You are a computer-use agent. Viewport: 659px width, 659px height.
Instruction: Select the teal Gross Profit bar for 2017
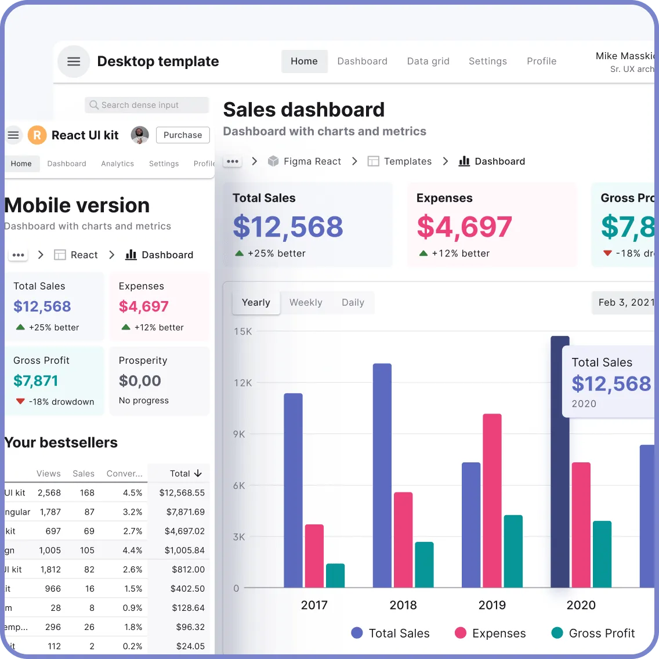tap(335, 575)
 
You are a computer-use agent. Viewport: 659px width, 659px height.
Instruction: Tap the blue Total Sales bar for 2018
tap(382, 476)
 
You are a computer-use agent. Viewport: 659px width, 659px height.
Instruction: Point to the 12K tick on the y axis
tap(243, 383)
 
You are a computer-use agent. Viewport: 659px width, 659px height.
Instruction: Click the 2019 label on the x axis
tap(492, 605)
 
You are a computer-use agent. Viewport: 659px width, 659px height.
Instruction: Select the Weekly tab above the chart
tap(306, 303)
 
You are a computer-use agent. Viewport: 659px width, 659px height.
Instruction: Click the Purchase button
tap(183, 135)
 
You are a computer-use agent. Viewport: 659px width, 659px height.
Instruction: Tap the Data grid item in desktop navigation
tap(428, 61)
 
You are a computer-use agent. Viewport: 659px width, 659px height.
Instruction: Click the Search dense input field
tap(147, 105)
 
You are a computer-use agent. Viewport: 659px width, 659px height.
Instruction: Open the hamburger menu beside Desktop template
tap(74, 61)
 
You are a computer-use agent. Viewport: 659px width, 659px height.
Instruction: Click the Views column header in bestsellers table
tap(49, 473)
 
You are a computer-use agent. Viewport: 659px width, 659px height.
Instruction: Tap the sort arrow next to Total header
tap(198, 473)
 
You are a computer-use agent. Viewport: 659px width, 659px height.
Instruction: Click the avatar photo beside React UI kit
tap(140, 135)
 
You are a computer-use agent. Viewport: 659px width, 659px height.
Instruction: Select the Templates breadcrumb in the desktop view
tap(407, 161)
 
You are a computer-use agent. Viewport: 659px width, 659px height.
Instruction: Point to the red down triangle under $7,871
tap(21, 401)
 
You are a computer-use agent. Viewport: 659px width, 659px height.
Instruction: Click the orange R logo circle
tap(37, 135)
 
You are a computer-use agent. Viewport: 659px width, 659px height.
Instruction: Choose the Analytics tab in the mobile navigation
tap(117, 164)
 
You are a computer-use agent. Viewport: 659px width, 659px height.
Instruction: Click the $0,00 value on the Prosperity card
tap(140, 381)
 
